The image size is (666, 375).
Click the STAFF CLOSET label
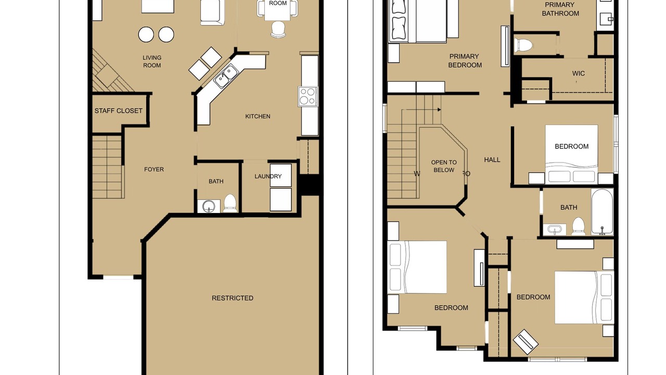coord(118,111)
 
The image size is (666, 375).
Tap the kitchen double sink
coord(226,76)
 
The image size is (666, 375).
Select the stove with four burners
coord(308,96)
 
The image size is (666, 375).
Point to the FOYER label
coord(154,169)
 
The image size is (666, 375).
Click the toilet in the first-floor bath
coord(230,203)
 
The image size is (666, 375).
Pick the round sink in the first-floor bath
coord(209,206)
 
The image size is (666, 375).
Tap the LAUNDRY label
coord(268,177)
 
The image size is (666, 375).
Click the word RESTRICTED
coord(233,298)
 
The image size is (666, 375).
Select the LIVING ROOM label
coord(152,61)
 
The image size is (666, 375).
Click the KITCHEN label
coord(258,116)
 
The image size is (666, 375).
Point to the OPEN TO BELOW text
coord(444,166)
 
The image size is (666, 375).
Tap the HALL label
coord(492,160)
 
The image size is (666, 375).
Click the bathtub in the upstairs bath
coord(602,212)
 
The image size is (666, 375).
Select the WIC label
coord(578,73)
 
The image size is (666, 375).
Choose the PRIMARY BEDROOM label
coord(465,61)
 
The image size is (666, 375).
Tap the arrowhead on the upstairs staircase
coord(439,109)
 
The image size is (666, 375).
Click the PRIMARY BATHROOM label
coord(560,9)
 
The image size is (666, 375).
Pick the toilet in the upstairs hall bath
coord(578,227)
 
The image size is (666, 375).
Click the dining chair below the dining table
coord(278,30)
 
